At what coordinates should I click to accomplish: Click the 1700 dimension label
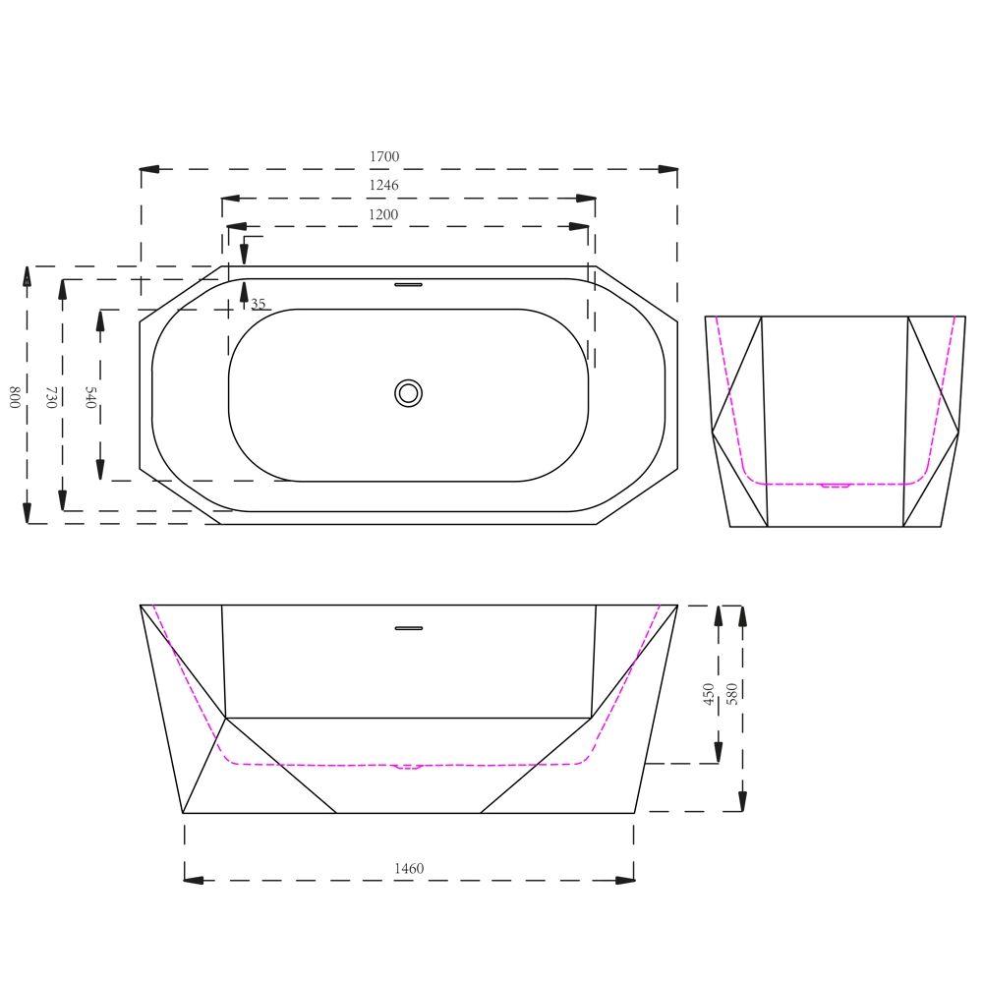tap(384, 156)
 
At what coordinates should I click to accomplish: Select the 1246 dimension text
tap(383, 185)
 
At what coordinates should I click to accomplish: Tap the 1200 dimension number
tap(383, 214)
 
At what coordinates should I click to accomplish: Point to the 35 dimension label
tap(259, 304)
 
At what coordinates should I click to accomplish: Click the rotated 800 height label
tap(15, 397)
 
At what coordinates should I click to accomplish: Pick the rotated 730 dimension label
tap(51, 397)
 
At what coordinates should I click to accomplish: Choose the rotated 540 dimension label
tap(90, 397)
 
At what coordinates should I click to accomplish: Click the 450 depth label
tap(709, 694)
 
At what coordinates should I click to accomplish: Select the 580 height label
tap(731, 694)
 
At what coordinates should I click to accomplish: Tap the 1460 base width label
tap(409, 868)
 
